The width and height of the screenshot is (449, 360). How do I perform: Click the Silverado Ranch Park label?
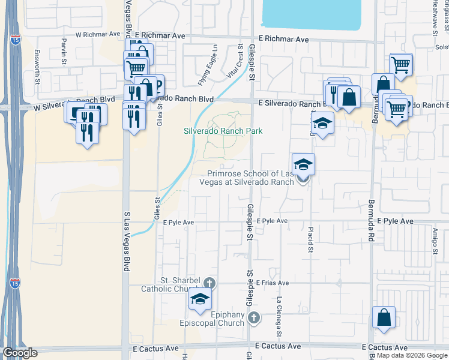[x=223, y=131]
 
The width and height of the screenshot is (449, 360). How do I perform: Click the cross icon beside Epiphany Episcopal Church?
[x=254, y=317]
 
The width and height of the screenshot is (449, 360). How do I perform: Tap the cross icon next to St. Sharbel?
[x=209, y=281]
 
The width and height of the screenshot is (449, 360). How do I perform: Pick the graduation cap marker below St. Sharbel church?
[x=200, y=299]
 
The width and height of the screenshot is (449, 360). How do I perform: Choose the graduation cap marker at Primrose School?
[x=303, y=164]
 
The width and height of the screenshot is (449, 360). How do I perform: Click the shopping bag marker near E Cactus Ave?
[x=384, y=318]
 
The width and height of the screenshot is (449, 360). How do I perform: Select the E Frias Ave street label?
[x=273, y=283]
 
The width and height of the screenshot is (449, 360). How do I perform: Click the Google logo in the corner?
[x=20, y=353]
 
